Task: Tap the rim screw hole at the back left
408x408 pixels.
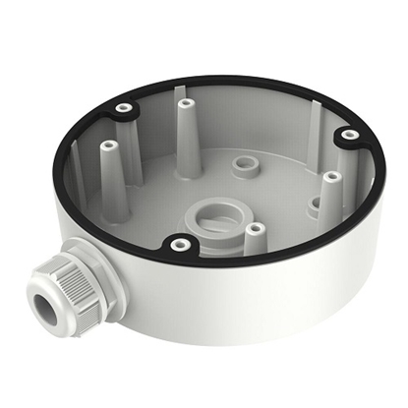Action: [x=123, y=106]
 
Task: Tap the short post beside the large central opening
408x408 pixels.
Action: [x=255, y=230]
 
